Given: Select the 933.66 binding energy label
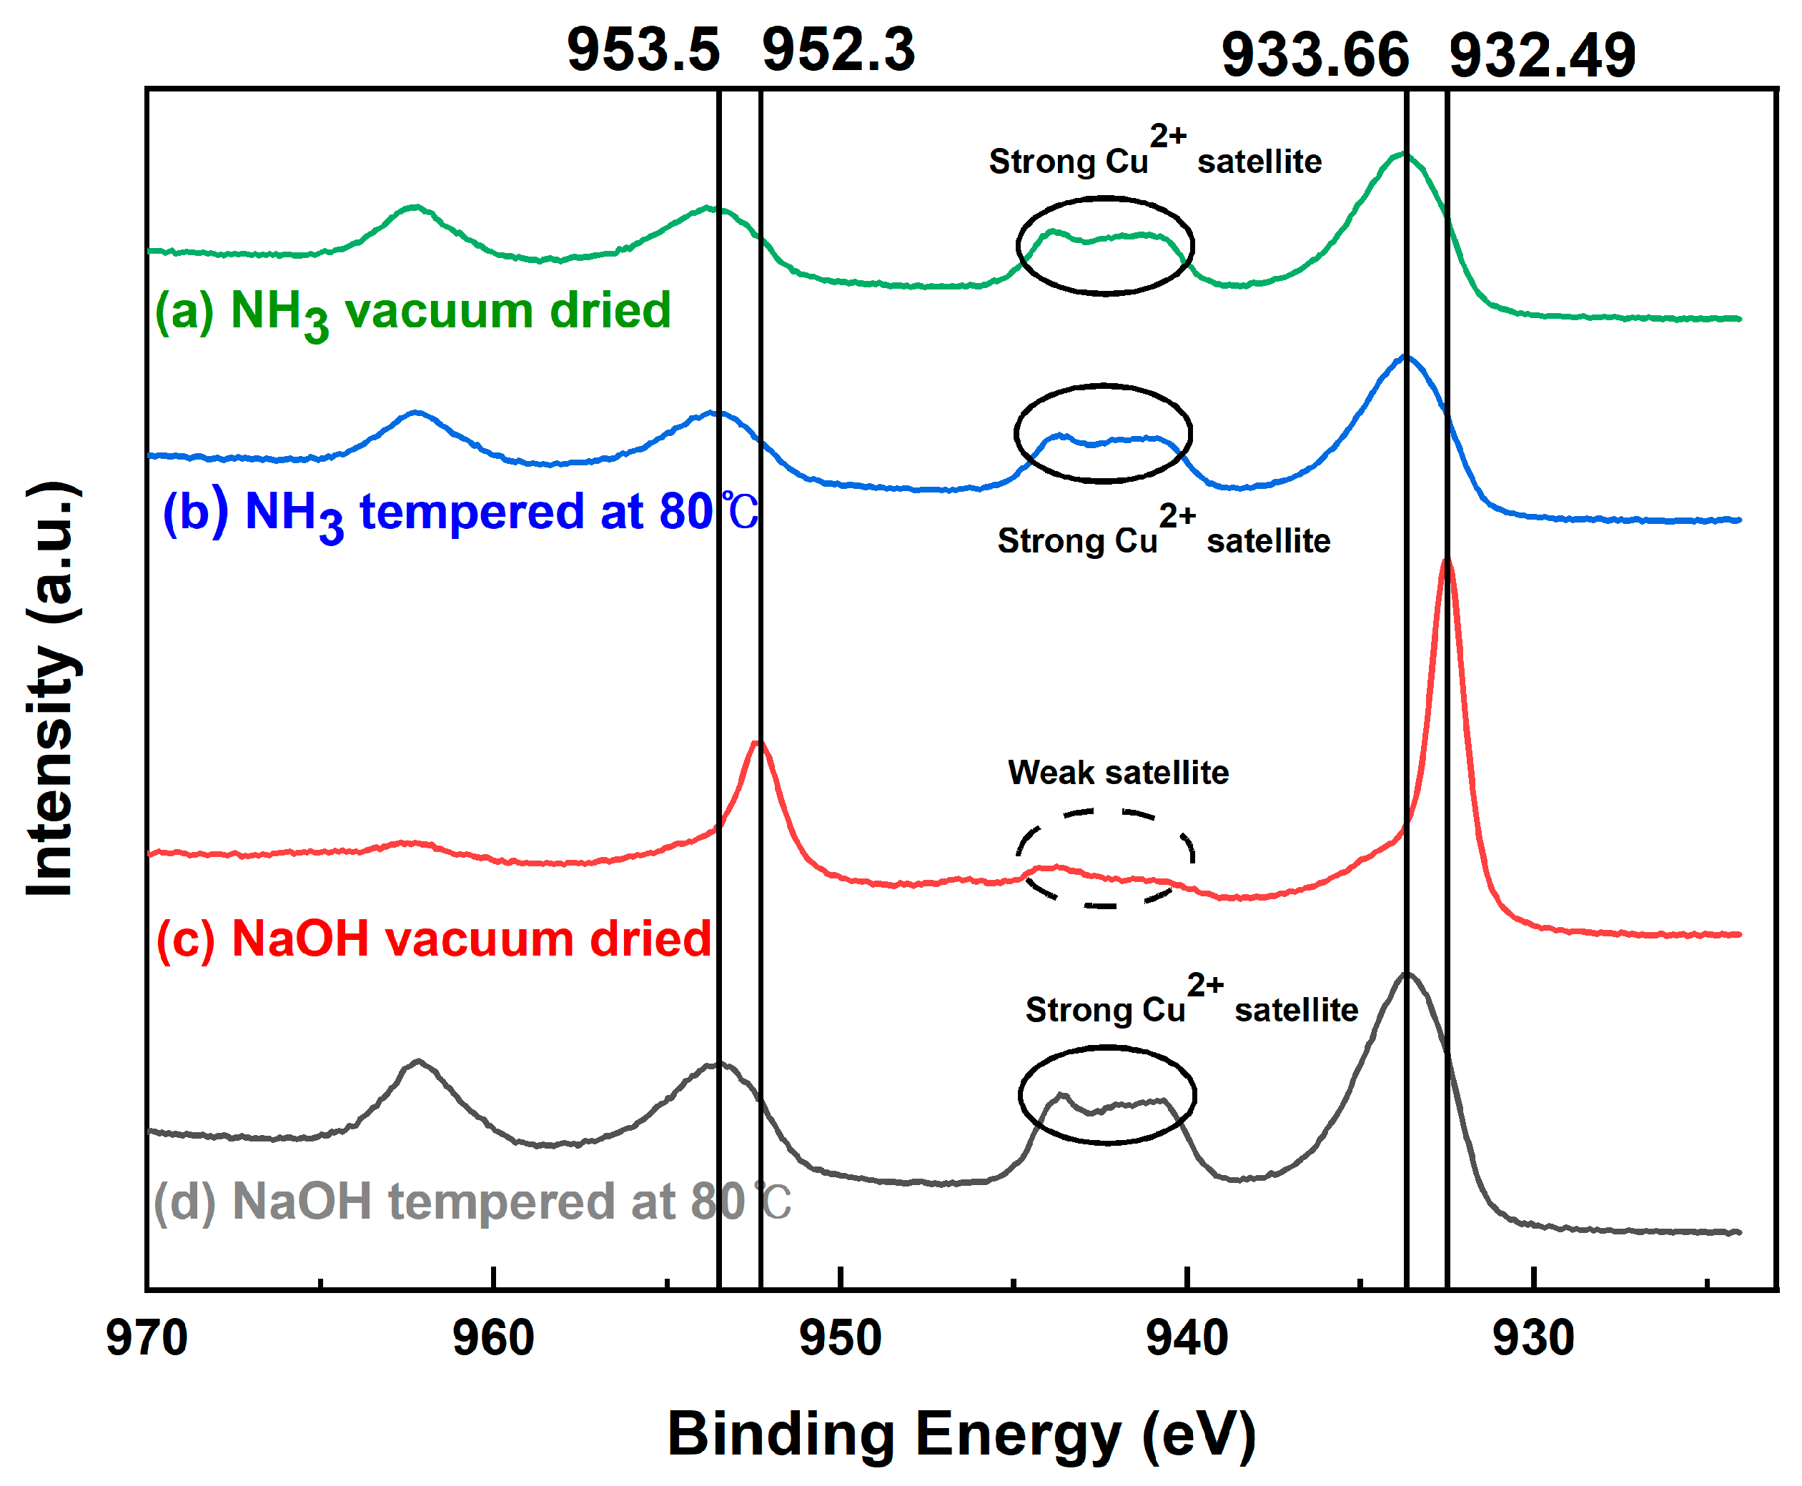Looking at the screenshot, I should point(1315,56).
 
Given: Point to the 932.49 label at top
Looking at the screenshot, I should point(1542,56).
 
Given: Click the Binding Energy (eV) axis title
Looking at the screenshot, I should point(961,1434).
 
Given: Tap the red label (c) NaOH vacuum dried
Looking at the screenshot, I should point(433,938).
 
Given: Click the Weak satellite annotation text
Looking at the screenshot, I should point(1118,772).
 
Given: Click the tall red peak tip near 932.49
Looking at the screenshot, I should point(1446,563).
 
